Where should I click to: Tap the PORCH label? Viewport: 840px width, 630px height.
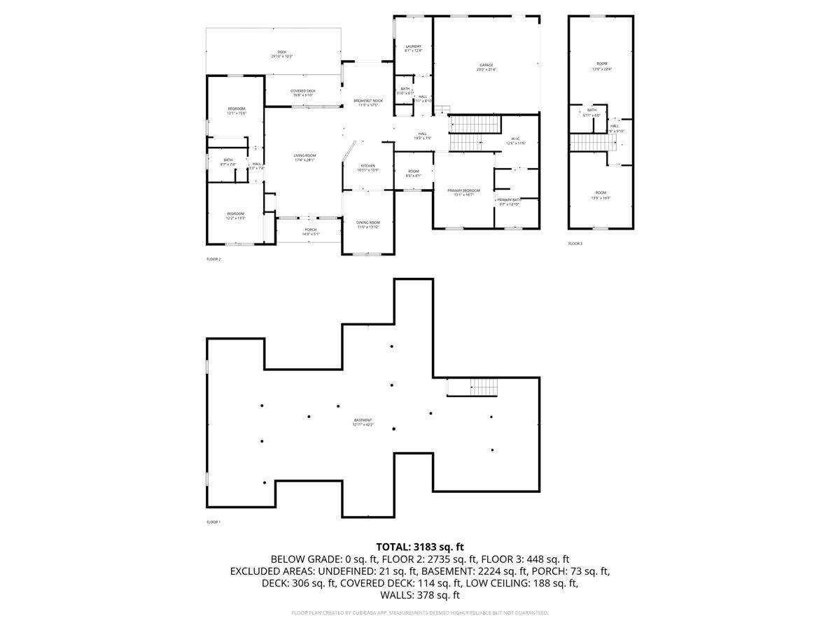point(310,232)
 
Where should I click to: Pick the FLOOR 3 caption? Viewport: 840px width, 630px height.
point(575,244)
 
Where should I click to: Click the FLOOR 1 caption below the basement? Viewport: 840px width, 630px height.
point(213,522)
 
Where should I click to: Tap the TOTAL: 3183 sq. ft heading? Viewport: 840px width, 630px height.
point(420,547)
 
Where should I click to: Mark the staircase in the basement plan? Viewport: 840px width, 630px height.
point(483,386)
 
